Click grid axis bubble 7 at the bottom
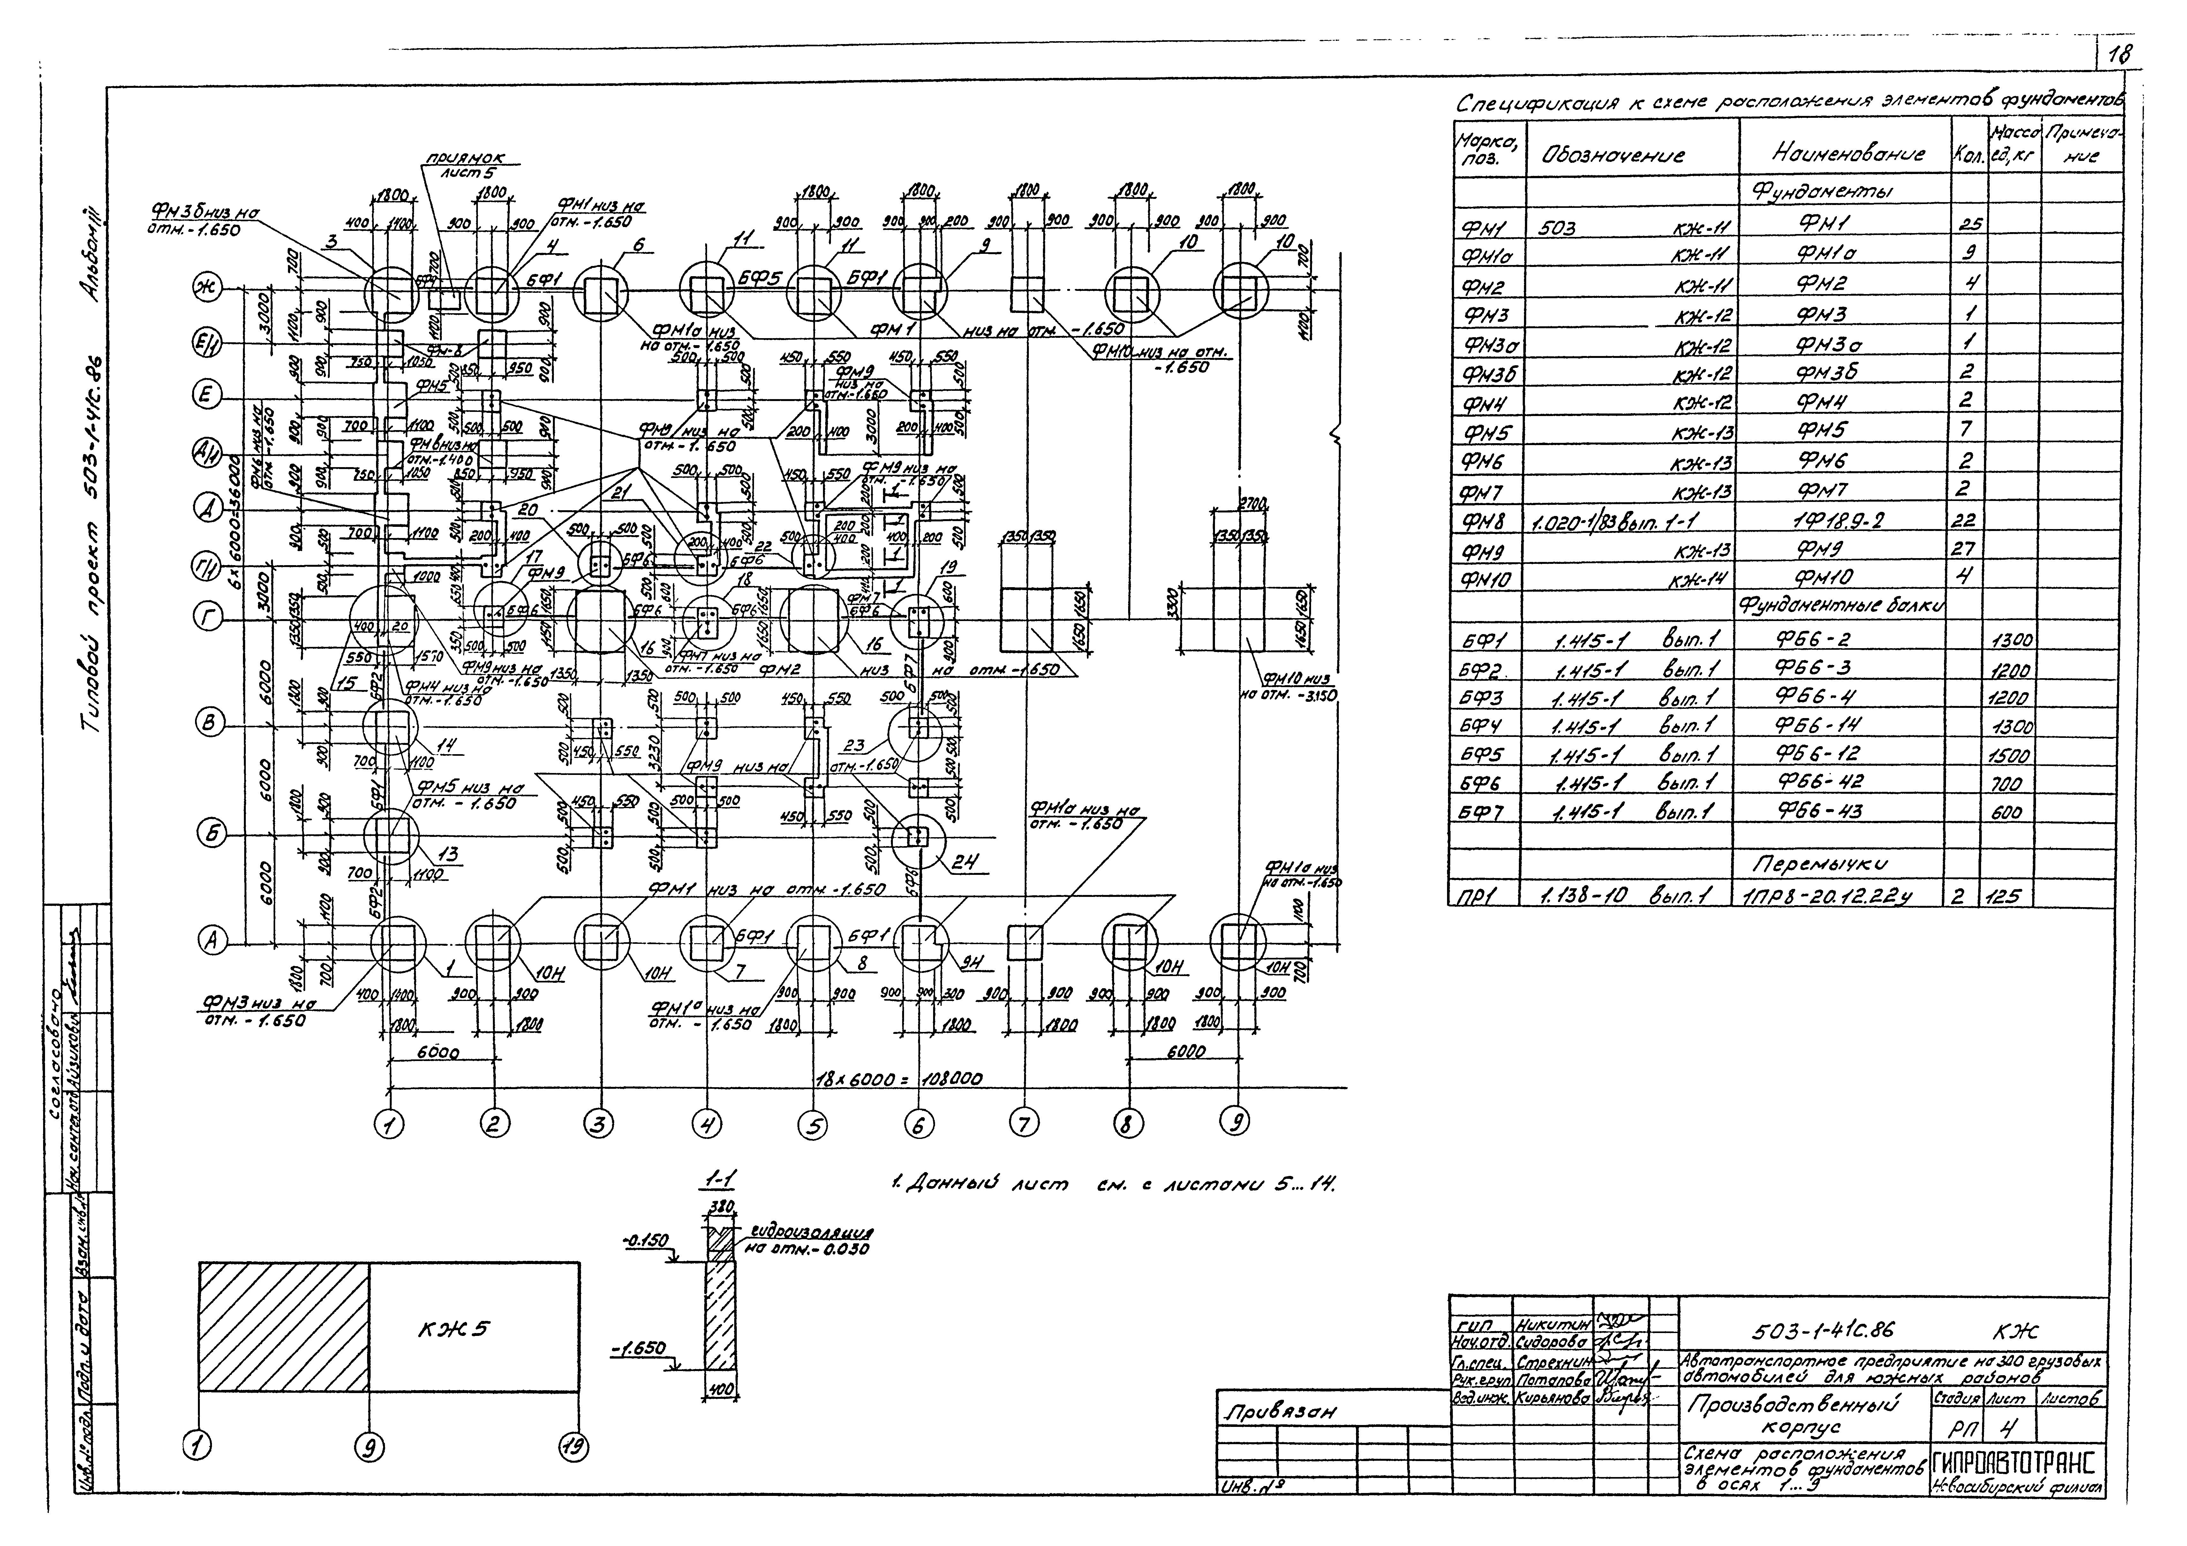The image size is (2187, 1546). coord(1023,1124)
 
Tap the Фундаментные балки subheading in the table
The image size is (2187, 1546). coord(1843,607)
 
